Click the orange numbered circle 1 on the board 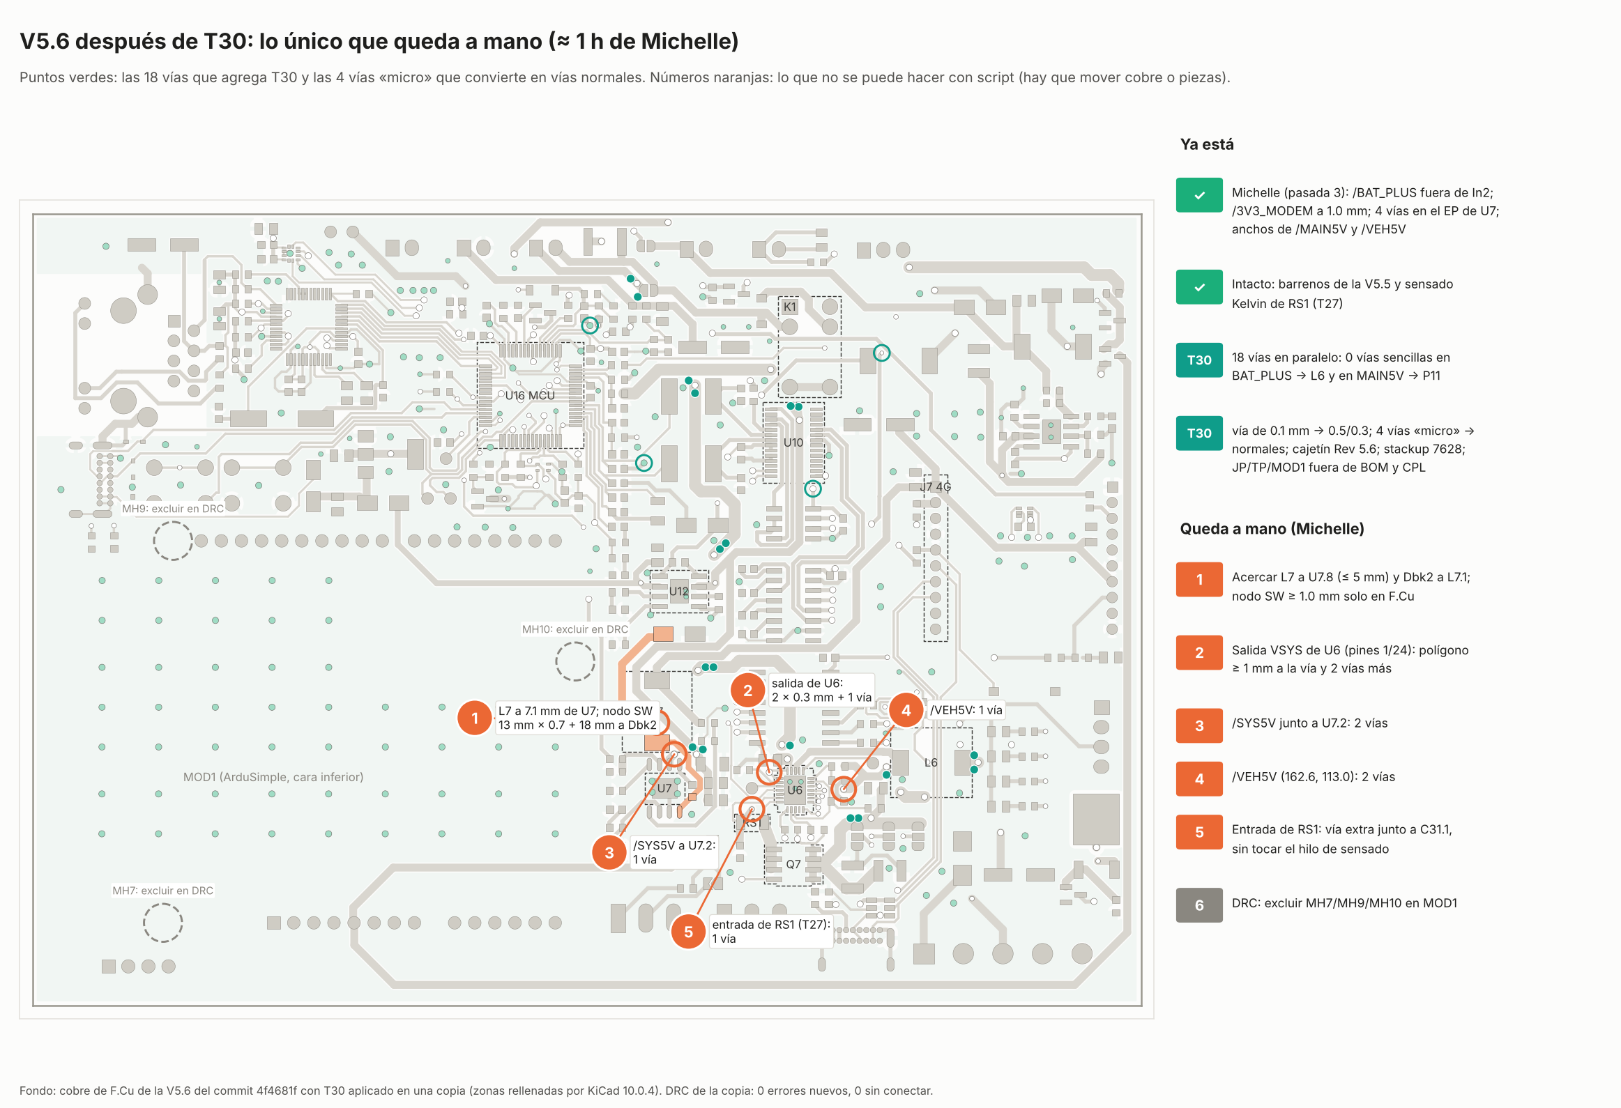[x=475, y=718]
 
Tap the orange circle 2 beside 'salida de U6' [x=747, y=691]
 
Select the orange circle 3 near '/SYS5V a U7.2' [x=609, y=852]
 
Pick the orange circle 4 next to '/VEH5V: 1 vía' [x=906, y=710]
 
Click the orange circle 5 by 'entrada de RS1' [x=688, y=932]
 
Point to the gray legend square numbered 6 [x=1199, y=905]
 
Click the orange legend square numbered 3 [x=1199, y=725]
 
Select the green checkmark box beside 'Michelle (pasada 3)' [x=1199, y=195]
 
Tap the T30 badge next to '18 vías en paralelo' [x=1199, y=360]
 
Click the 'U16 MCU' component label [x=530, y=395]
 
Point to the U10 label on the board [x=793, y=443]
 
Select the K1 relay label [x=789, y=307]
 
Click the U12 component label [x=678, y=592]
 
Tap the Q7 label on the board [x=793, y=864]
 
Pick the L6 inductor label [x=931, y=762]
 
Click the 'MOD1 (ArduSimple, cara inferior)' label [x=273, y=777]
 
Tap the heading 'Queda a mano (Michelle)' [x=1272, y=528]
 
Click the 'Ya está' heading [x=1207, y=144]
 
